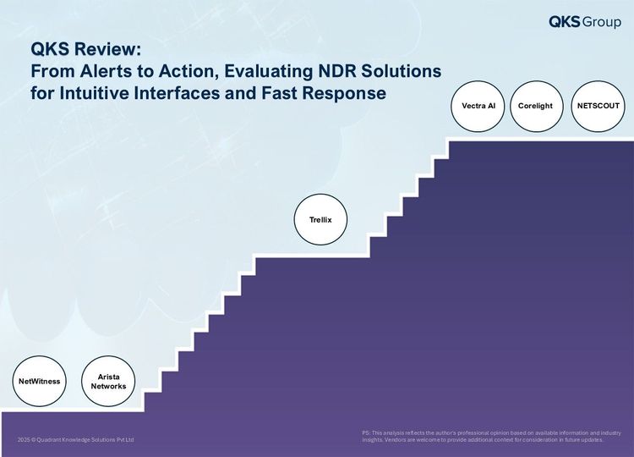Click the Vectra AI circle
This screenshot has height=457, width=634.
478,106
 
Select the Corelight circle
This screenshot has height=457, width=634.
536,106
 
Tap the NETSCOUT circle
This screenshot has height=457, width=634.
598,106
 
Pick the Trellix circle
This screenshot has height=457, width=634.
320,219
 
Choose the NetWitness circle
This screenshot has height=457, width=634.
39,381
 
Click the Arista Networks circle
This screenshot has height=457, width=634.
108,381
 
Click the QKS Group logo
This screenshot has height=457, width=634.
585,21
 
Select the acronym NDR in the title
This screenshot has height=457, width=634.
337,71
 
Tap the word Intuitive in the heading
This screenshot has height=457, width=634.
95,93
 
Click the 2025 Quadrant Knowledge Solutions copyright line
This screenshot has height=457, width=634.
75,439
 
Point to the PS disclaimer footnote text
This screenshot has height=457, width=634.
492,437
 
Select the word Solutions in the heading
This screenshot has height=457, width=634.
401,71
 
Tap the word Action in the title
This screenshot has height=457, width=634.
186,72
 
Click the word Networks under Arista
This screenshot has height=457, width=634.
108,386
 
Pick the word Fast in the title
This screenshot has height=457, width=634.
280,93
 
